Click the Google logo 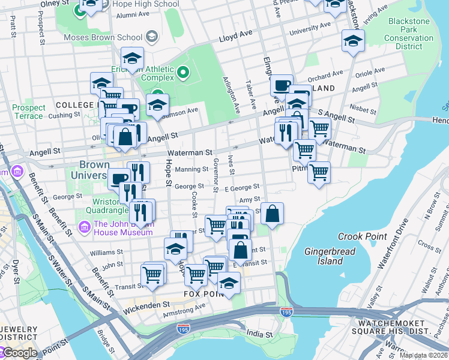[x=19, y=353]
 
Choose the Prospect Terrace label [x=29, y=112]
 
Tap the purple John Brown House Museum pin [x=85, y=228]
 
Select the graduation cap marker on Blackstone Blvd [x=353, y=41]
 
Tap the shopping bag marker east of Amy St [x=272, y=214]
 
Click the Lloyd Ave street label [x=236, y=37]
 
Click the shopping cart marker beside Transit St [x=152, y=275]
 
